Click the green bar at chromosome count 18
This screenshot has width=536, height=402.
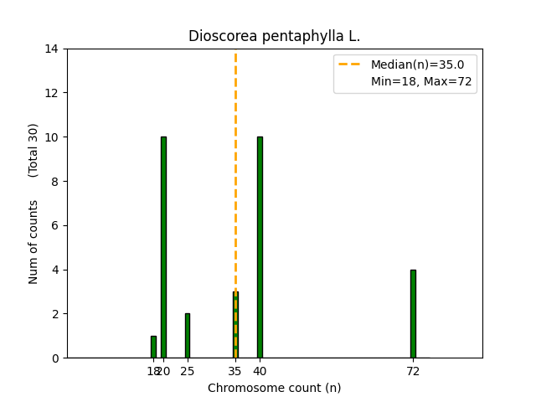(x=153, y=347)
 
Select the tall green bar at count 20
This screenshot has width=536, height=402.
(x=163, y=247)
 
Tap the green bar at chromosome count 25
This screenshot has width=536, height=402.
(x=188, y=336)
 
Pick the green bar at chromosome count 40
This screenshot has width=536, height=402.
(x=260, y=247)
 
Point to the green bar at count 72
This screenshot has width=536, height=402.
(x=413, y=314)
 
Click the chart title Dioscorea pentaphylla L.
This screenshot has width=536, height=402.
(x=274, y=36)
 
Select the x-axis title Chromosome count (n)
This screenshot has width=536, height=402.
(x=274, y=388)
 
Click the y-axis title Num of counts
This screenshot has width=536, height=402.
(x=33, y=242)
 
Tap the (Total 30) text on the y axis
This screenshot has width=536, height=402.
(x=33, y=150)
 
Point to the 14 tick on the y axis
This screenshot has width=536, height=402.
(x=52, y=49)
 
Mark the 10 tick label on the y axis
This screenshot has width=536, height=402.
(x=52, y=137)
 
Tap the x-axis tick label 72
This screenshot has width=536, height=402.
(x=413, y=371)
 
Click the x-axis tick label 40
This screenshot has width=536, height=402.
(x=260, y=371)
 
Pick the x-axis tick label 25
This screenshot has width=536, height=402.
(x=188, y=371)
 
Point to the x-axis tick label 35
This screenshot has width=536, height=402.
(x=235, y=371)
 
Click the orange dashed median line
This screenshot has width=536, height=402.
(x=235, y=167)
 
